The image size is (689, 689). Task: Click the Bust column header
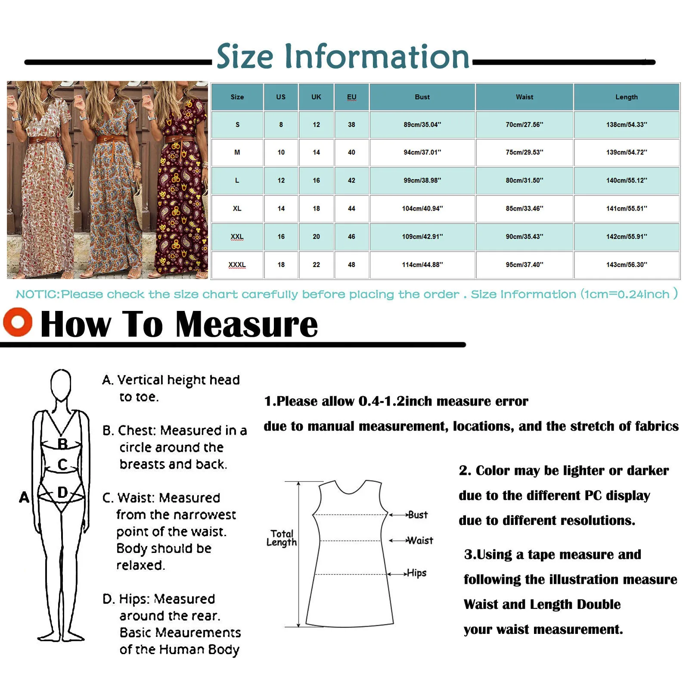[x=422, y=97]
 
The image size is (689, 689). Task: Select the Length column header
[x=626, y=97]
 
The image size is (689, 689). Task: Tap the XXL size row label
[x=237, y=237]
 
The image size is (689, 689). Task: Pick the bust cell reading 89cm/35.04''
[x=422, y=125]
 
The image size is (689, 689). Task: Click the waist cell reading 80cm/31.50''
[x=524, y=180]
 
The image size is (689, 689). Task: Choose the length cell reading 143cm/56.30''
[x=626, y=265]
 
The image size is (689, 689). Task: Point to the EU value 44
[x=351, y=209]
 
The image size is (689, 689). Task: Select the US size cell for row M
[x=281, y=152]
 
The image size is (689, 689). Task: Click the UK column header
[x=316, y=97]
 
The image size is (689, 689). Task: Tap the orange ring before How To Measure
[x=18, y=322]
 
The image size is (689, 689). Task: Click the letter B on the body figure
[x=62, y=444]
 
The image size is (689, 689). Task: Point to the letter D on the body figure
[x=62, y=492]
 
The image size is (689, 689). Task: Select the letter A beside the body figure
[x=24, y=497]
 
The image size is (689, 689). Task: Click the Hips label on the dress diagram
[x=416, y=573]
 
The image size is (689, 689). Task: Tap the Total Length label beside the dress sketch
[x=282, y=538]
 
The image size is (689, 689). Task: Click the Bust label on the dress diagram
[x=417, y=515]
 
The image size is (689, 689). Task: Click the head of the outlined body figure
[x=61, y=384]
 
